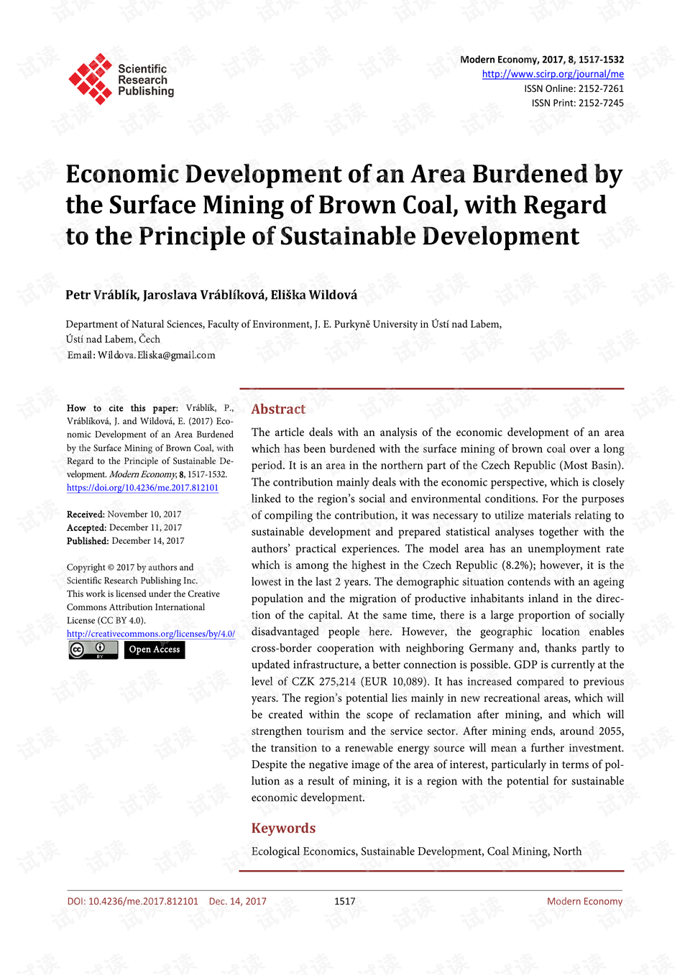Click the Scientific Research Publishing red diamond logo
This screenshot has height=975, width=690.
[91, 78]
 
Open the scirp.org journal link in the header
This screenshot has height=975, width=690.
[552, 74]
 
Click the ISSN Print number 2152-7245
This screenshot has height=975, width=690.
[601, 103]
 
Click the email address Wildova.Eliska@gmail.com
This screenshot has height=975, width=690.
[156, 355]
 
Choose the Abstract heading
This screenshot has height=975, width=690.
[278, 409]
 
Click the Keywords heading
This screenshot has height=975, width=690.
[283, 828]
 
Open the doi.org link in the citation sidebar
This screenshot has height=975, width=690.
[142, 487]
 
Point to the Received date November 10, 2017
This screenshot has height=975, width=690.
[144, 514]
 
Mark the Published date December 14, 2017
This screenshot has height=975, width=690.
[147, 540]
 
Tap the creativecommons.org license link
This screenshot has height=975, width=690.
[150, 634]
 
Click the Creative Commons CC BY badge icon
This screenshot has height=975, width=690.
[93, 650]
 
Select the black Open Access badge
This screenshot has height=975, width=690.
[155, 650]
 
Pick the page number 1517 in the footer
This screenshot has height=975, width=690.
[344, 901]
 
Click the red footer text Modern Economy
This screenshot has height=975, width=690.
[584, 901]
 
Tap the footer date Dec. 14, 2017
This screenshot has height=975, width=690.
[237, 901]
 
